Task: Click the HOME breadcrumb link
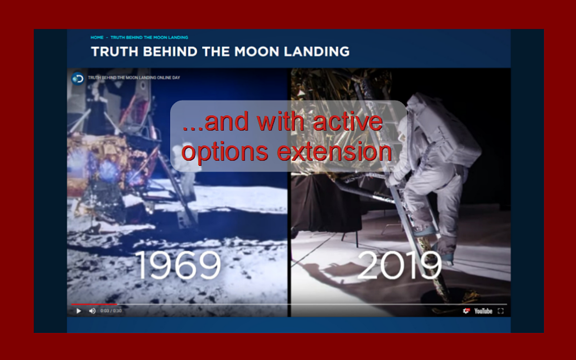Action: (97, 37)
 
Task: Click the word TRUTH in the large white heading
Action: (115, 51)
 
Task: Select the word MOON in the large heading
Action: (256, 51)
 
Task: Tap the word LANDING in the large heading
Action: (316, 51)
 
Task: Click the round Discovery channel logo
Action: (78, 79)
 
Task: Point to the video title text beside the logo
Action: (134, 78)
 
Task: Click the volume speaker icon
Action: (92, 311)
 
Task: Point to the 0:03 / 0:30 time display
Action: (111, 311)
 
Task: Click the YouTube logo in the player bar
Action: (483, 311)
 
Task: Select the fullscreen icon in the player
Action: (500, 311)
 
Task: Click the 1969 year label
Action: (178, 265)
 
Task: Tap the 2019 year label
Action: (399, 265)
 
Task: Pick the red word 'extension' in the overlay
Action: (334, 152)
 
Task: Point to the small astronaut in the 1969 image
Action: (184, 170)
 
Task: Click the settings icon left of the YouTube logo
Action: (466, 311)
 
